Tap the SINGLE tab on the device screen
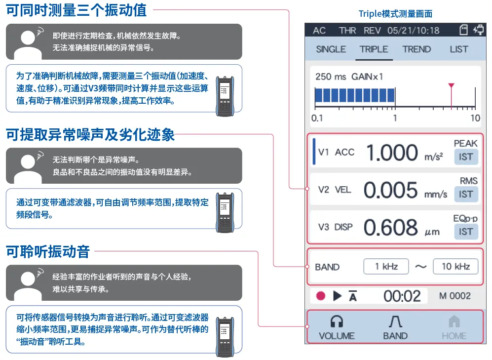[x=331, y=49]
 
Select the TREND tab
[x=416, y=49]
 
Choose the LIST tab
[x=459, y=49]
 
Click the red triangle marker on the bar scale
[x=451, y=85]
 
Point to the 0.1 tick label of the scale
[x=317, y=118]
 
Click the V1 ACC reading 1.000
[x=392, y=153]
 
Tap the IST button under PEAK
[x=466, y=157]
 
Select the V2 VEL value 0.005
[x=391, y=190]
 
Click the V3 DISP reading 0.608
[x=391, y=227]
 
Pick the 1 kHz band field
[x=386, y=267]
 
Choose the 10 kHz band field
[x=455, y=267]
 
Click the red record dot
[x=321, y=296]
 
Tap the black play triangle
[x=337, y=296]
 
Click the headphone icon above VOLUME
[x=337, y=321]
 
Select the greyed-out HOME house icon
[x=454, y=321]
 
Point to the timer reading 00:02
[x=402, y=296]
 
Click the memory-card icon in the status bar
[x=463, y=30]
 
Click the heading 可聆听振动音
[x=48, y=252]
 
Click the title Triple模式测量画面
[x=395, y=14]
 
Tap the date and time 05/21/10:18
[x=413, y=31]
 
